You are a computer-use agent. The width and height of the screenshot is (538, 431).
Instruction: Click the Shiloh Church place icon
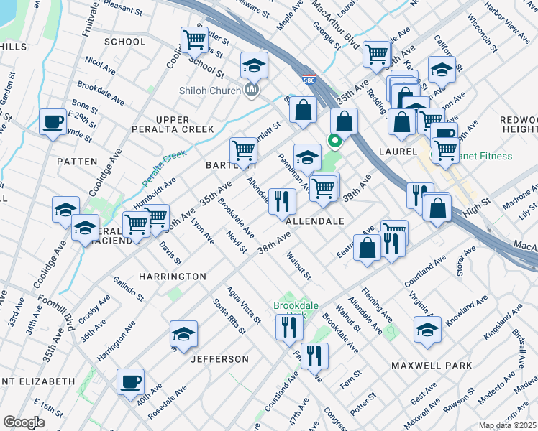coord(251,89)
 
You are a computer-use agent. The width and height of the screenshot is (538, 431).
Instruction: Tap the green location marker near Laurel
coord(334,140)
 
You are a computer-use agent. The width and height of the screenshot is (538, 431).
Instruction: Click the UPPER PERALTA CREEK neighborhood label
coord(172,124)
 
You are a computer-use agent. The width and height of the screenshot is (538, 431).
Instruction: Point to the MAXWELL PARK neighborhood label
coord(432,366)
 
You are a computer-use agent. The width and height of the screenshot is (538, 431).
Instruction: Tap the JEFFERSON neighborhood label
coord(219,359)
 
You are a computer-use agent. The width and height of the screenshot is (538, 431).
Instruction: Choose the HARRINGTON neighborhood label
coord(173,277)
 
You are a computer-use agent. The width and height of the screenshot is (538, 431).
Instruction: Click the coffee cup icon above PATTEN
coord(52,121)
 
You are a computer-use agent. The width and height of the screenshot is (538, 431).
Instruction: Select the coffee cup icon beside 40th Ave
coord(130,381)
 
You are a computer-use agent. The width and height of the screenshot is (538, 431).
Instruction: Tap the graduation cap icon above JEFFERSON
coord(183,333)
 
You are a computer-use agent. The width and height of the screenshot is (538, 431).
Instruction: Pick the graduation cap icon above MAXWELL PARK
coord(427,329)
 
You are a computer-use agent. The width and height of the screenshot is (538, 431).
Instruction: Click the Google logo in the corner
coord(24,422)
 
